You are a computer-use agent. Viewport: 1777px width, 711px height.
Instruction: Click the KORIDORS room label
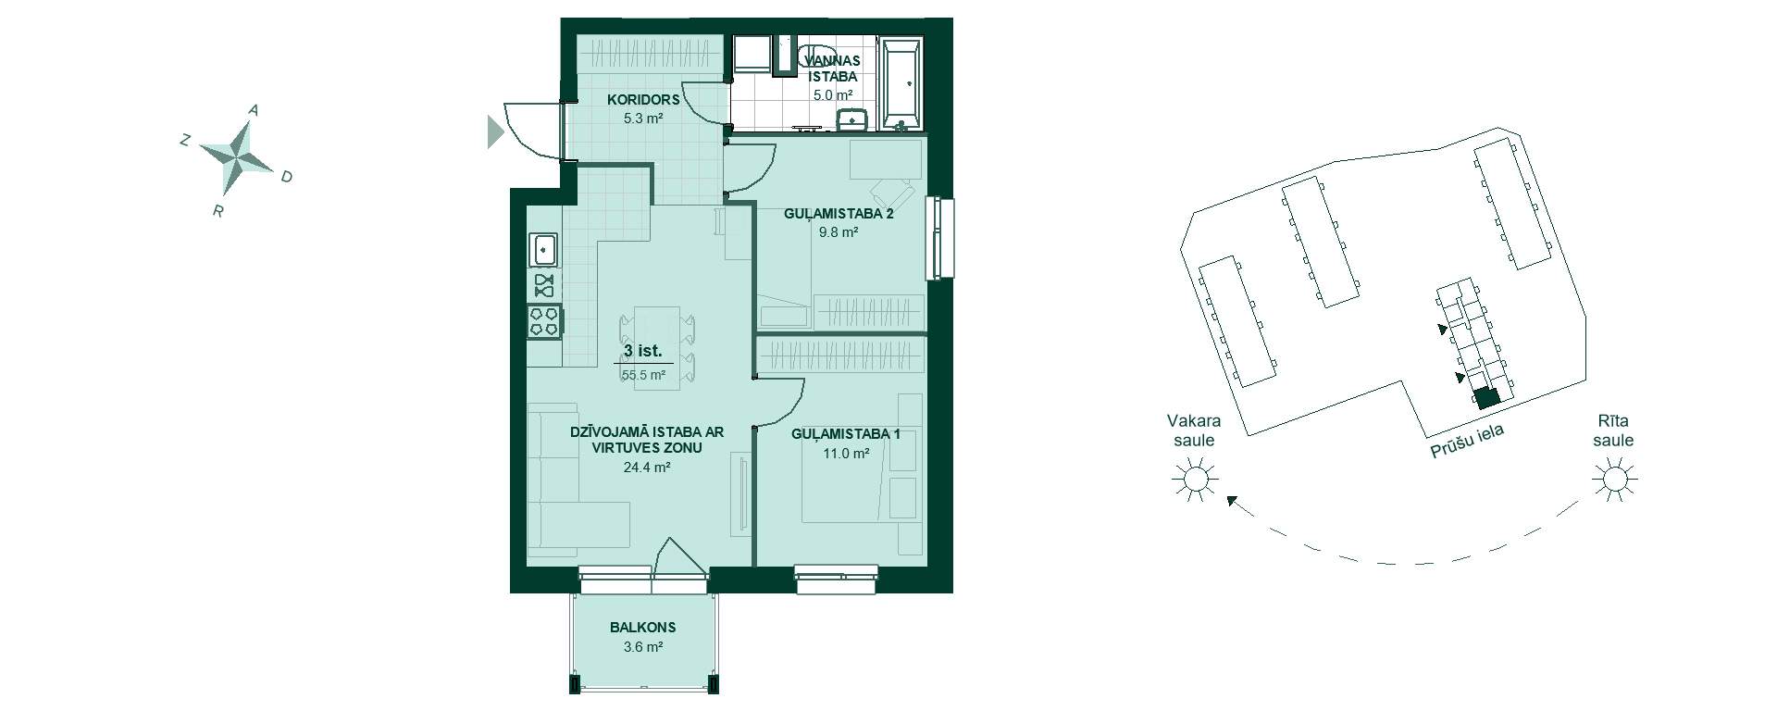(643, 99)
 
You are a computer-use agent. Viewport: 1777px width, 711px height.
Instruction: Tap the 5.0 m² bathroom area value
(832, 94)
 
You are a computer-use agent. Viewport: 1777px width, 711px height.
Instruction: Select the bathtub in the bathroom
(901, 83)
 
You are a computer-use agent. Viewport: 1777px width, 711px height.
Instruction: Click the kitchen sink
(544, 249)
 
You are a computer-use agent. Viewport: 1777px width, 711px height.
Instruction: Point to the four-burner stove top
(544, 320)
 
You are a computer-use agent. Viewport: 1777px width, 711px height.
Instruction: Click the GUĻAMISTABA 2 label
(839, 213)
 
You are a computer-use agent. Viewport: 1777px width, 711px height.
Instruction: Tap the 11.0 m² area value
(846, 454)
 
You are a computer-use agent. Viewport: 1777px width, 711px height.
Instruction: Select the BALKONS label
(642, 627)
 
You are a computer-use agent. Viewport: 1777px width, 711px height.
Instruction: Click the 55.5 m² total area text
(643, 375)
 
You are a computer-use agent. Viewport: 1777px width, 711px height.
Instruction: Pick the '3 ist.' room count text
(642, 351)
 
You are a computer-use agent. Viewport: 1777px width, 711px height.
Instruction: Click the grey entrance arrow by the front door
(495, 131)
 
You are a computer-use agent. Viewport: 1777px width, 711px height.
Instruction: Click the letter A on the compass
(254, 110)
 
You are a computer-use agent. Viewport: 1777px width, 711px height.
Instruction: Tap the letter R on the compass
(218, 211)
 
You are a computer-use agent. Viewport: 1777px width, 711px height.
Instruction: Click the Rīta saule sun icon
(1614, 480)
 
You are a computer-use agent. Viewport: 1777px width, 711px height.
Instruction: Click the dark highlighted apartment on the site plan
(1486, 398)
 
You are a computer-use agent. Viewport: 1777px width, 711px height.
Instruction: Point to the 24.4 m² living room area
(647, 468)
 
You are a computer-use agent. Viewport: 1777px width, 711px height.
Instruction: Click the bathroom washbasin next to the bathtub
(851, 121)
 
